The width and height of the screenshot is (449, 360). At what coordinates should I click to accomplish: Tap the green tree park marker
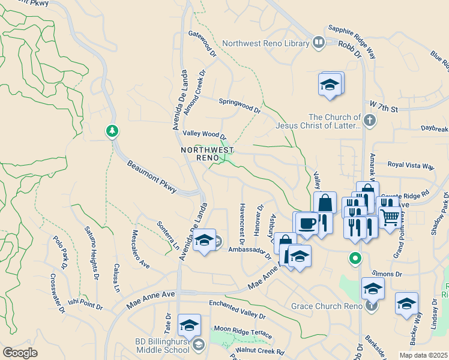click(x=111, y=131)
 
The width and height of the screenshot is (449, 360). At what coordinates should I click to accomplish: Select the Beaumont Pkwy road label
click(x=152, y=176)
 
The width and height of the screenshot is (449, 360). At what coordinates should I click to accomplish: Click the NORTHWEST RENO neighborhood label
click(x=207, y=154)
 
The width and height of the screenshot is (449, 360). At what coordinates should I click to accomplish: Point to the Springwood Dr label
click(x=240, y=106)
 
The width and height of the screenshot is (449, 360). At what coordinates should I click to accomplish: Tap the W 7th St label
click(x=384, y=107)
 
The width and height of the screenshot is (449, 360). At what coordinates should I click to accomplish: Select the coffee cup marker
click(x=307, y=223)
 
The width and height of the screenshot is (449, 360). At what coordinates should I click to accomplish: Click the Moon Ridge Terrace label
click(x=243, y=332)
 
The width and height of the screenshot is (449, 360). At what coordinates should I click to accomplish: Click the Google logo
click(x=20, y=352)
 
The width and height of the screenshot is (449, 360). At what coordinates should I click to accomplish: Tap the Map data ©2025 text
click(x=423, y=355)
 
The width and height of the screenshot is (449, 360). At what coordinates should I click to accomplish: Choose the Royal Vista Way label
click(x=411, y=165)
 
